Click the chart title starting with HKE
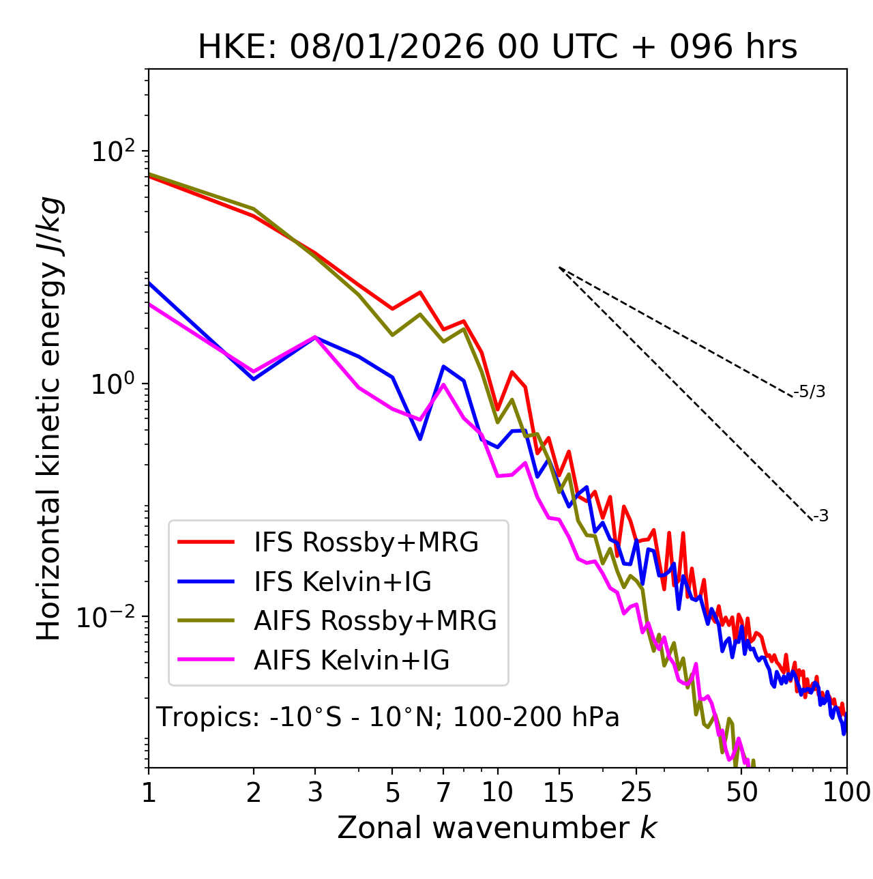click(497, 47)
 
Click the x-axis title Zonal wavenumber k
click(497, 828)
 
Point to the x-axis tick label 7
click(443, 792)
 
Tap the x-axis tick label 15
click(559, 792)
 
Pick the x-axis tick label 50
click(741, 792)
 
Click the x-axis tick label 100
click(846, 792)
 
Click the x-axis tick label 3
click(315, 792)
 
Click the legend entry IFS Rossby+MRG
click(366, 543)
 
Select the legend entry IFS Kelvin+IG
click(342, 581)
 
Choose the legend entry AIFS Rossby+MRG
click(375, 621)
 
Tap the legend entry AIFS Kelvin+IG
click(351, 660)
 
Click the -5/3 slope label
click(810, 392)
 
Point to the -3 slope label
click(820, 517)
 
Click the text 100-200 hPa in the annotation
click(536, 717)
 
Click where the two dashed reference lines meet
click(559, 268)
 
